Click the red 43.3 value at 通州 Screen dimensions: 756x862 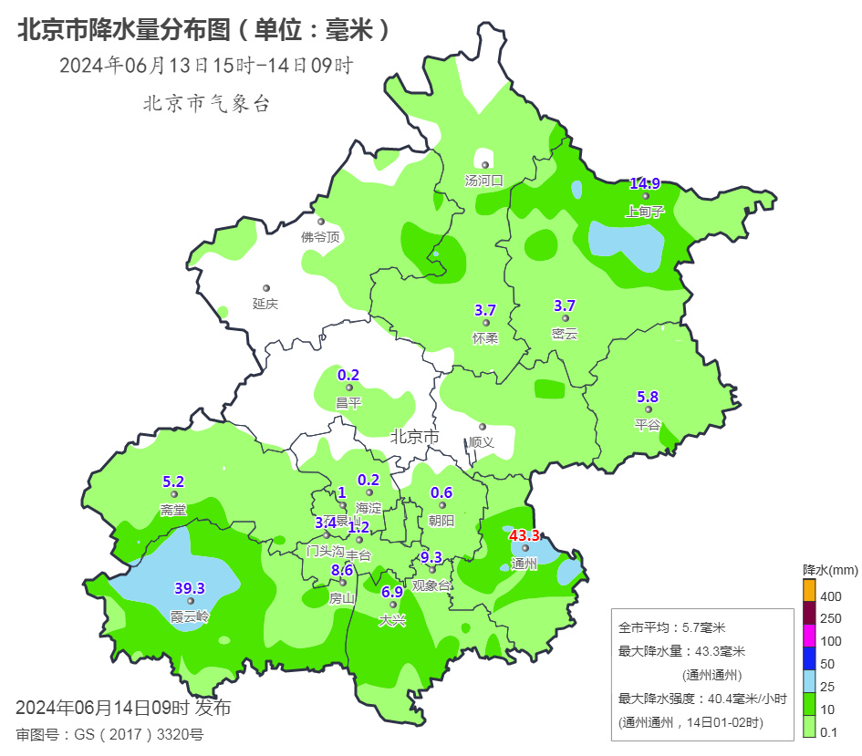tap(524, 535)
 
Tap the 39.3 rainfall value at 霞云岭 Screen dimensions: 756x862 tap(190, 588)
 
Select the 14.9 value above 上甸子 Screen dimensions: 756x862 tap(645, 183)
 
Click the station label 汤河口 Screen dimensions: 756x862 tap(484, 181)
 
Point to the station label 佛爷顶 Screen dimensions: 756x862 tap(320, 237)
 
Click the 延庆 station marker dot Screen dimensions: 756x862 tap(266, 288)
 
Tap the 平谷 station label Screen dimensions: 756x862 tap(647, 424)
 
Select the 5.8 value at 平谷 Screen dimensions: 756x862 tap(647, 397)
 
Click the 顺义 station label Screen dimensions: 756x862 tap(482, 441)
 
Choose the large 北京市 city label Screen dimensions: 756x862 tap(414, 437)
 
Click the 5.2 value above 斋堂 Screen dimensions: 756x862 tap(173, 482)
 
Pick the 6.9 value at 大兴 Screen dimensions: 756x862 tap(392, 591)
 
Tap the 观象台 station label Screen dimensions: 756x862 tap(431, 585)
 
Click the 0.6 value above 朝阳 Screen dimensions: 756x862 tap(441, 492)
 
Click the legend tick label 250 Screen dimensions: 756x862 tap(831, 618)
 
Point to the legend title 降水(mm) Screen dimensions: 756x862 tap(830, 570)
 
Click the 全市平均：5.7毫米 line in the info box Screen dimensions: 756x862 tap(670, 627)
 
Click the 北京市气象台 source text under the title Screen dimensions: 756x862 tap(206, 104)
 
